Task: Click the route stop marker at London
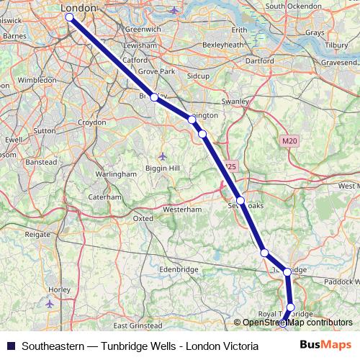pyautogui.click(x=69, y=17)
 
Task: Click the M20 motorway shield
pyautogui.click(x=289, y=141)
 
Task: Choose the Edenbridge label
pyautogui.click(x=179, y=269)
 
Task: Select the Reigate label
pyautogui.click(x=37, y=234)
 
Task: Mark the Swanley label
pyautogui.click(x=235, y=102)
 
